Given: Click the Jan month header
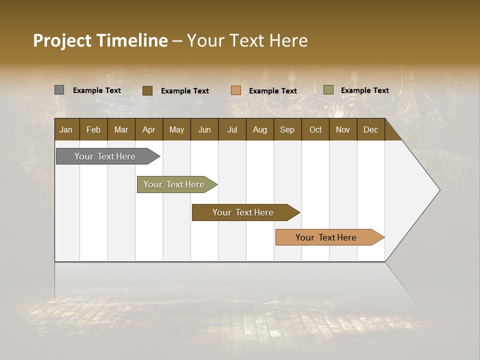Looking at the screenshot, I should point(66,129).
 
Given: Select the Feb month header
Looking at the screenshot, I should point(93,129).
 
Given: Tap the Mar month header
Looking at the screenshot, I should point(121,129).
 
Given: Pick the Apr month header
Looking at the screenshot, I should point(149,129).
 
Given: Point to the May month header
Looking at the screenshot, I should point(176,129).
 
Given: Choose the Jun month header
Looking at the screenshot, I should point(204,129).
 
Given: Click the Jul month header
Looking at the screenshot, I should point(232,129).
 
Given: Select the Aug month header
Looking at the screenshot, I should point(260,129).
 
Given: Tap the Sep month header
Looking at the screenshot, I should point(287,129).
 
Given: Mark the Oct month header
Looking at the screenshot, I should point(315,129).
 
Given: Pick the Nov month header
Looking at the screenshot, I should point(343,129).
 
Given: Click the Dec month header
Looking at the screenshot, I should point(371,129).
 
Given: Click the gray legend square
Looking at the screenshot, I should point(59,90).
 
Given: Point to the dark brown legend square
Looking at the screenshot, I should point(147,90).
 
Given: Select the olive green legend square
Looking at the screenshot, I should point(328,90).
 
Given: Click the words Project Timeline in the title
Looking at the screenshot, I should point(100,40).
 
